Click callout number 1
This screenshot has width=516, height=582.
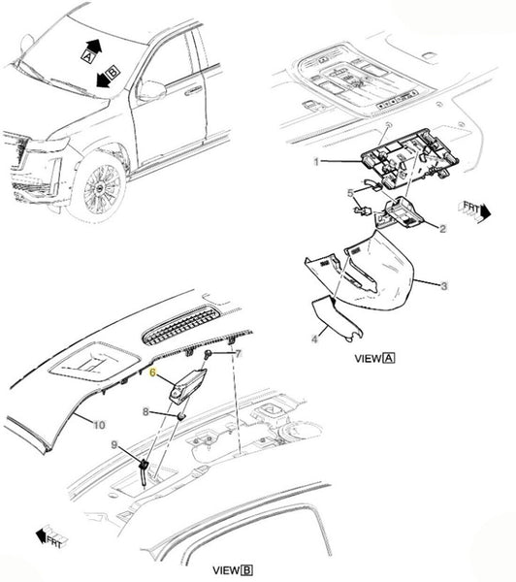click(316, 162)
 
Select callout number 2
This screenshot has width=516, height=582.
click(442, 229)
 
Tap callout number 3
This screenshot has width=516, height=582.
click(444, 286)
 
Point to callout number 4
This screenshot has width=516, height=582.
click(314, 339)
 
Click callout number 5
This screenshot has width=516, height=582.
click(350, 193)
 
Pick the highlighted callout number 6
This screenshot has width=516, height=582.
click(152, 372)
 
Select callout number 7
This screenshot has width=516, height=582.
click(239, 353)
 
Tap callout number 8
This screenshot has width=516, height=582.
click(145, 411)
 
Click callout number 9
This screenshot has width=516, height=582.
click(114, 444)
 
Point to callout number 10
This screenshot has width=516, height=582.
click(99, 425)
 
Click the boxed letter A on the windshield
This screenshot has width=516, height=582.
click(87, 56)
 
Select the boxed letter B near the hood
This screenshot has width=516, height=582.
click(113, 72)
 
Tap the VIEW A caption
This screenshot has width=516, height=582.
click(374, 358)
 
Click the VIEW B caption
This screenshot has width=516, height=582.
click(233, 570)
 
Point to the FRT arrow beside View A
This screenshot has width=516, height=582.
click(476, 211)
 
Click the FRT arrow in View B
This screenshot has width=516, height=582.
click(51, 537)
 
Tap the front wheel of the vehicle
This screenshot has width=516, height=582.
click(100, 188)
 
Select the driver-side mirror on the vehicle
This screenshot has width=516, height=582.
click(150, 90)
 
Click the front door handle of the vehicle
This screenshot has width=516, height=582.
click(193, 90)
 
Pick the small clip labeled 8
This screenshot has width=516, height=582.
click(180, 416)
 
